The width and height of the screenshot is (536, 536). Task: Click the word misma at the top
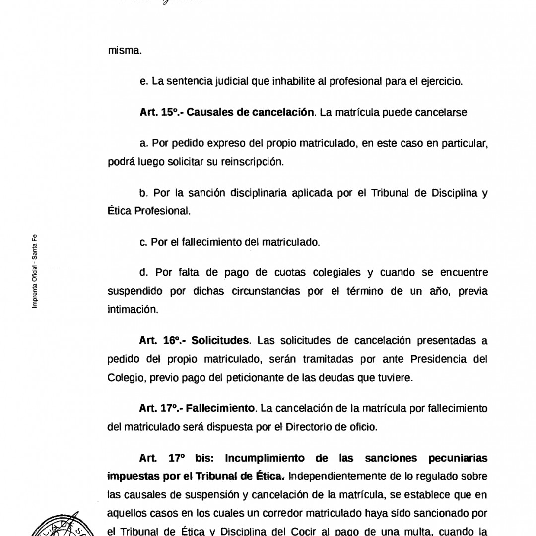pyautogui.click(x=125, y=50)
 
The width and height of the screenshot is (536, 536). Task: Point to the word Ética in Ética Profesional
pyautogui.click(x=119, y=211)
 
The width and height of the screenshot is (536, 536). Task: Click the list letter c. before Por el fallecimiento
pyautogui.click(x=144, y=242)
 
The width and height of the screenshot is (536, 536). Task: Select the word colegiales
pyautogui.click(x=337, y=272)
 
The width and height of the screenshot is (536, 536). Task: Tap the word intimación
pyautogui.click(x=133, y=310)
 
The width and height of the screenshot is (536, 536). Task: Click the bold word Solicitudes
pyautogui.click(x=219, y=340)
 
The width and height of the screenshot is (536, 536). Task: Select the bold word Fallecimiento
pyautogui.click(x=220, y=408)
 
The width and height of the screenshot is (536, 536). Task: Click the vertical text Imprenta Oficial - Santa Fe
pyautogui.click(x=35, y=271)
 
